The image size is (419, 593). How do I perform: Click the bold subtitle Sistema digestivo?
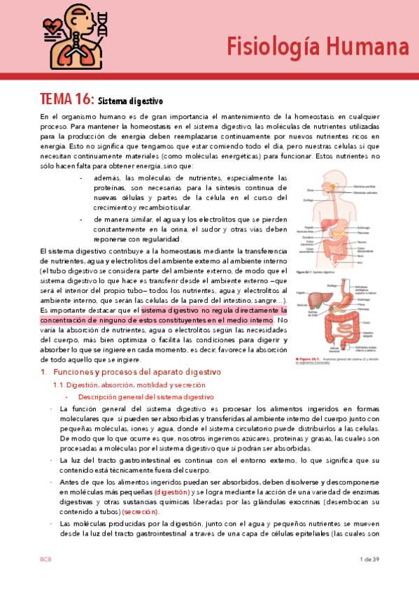click(129, 100)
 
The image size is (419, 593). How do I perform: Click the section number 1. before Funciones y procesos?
click(43, 372)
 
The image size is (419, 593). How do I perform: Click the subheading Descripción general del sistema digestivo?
click(145, 396)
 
